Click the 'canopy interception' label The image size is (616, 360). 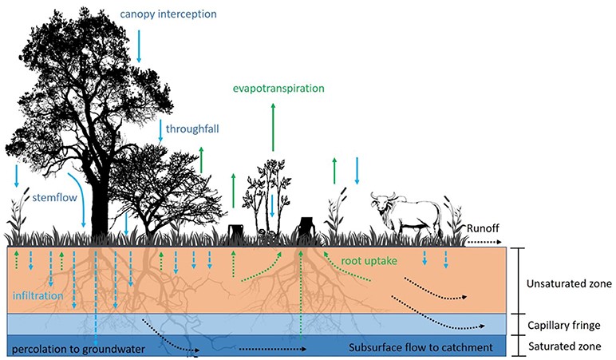coord(168,14)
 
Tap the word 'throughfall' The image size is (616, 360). coord(192,129)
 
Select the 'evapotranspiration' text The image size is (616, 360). coord(278,89)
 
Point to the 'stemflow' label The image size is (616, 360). coord(54,197)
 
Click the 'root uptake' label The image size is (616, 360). coord(369,261)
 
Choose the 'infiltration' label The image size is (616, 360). coord(38,295)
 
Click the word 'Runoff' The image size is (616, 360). coord(483,228)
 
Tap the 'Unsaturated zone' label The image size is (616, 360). coord(569,283)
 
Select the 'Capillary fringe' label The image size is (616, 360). coord(564,326)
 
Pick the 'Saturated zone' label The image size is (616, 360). coord(565,346)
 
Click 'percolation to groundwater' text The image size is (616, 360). coord(78,349)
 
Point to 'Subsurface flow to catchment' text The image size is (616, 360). coord(421,348)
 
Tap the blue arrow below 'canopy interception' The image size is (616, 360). coord(139,46)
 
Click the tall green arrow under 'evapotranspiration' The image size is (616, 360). coord(273,127)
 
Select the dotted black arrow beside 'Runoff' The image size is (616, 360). coord(484,242)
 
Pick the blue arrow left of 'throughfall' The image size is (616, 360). coord(160,130)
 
